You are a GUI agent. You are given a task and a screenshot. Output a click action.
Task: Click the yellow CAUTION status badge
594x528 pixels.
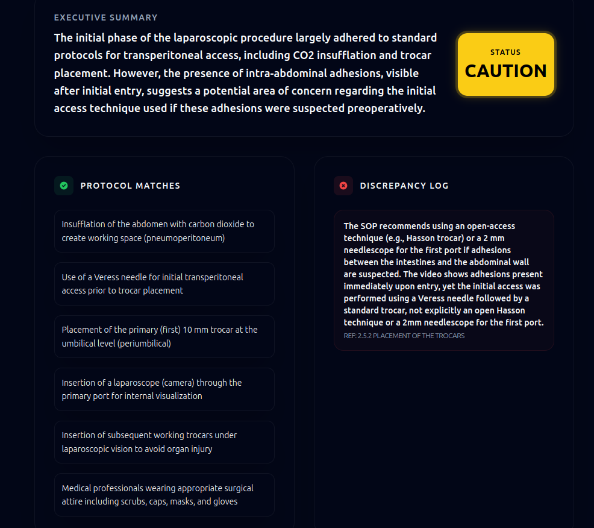505,64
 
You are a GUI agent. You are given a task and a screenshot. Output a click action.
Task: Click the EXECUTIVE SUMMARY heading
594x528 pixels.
105,17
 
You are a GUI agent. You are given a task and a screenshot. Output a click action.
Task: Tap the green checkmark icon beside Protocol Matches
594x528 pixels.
64,186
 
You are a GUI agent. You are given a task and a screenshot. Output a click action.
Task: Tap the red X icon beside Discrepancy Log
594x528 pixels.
343,186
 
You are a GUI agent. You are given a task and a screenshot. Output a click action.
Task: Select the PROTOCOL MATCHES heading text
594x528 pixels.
130,186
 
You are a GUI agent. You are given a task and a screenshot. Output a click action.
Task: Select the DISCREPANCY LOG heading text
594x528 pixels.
404,186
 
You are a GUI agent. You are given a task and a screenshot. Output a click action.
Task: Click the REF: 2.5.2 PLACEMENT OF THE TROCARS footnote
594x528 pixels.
404,336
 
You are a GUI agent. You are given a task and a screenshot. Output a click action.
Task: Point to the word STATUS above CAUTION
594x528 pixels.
505,52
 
